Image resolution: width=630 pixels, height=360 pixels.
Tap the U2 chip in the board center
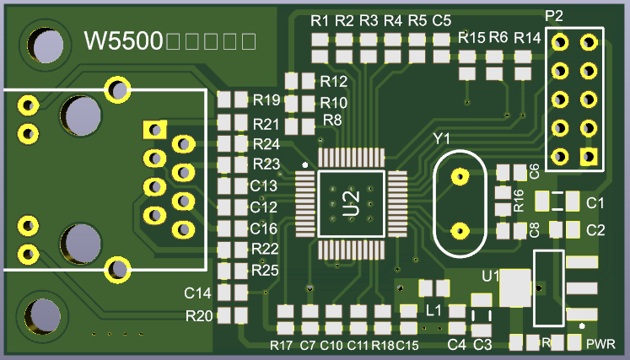click(352, 203)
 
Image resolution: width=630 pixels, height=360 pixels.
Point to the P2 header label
click(554, 16)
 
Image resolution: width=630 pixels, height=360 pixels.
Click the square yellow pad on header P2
click(587, 156)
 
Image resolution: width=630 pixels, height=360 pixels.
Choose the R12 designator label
click(334, 82)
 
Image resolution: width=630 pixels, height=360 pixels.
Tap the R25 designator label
click(265, 270)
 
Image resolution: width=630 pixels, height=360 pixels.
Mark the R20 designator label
click(199, 316)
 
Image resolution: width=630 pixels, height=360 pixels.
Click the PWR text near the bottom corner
click(601, 344)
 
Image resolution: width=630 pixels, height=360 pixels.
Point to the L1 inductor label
click(434, 310)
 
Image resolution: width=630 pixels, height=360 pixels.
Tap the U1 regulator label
click(490, 275)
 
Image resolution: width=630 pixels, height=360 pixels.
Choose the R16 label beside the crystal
click(520, 200)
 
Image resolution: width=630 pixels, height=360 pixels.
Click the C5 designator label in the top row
click(441, 19)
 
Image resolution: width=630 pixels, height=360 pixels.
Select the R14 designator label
click(526, 38)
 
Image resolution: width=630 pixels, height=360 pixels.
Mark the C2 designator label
click(595, 229)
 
